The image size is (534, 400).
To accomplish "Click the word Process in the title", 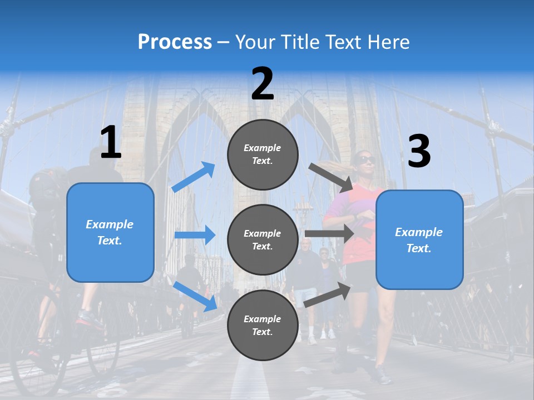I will tap(175, 42).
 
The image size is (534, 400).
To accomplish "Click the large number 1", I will tap(111, 143).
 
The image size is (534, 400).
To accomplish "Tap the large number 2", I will tap(263, 84).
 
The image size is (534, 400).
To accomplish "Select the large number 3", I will tap(419, 151).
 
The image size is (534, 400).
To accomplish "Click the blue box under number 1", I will tap(110, 232).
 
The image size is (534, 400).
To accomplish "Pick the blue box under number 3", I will tap(419, 239).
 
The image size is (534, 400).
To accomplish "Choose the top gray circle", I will tap(263, 154).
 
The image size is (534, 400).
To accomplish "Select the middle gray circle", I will tap(263, 239).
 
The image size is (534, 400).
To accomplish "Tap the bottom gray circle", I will tap(263, 325).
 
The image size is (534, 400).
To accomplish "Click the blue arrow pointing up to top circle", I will tap(194, 177).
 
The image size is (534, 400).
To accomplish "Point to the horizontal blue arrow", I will tap(195, 235).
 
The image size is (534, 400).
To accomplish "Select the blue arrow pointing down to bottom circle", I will tap(195, 296).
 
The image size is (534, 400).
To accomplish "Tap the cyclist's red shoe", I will tap(89, 318).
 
